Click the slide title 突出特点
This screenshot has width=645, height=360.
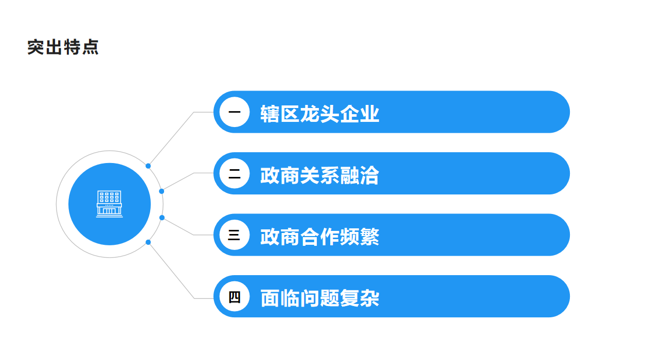(x=63, y=47)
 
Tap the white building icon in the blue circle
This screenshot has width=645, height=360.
(x=110, y=204)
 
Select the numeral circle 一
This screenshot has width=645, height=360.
(x=235, y=112)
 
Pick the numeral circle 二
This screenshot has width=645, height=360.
(x=235, y=173)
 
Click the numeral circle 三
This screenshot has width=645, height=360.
(x=235, y=235)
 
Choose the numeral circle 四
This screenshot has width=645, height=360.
(x=235, y=296)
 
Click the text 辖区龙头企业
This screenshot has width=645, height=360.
(x=319, y=114)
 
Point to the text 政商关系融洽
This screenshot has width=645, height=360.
(x=319, y=175)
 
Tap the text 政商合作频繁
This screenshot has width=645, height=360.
(x=319, y=237)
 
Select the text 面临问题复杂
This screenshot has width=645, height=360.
(x=319, y=298)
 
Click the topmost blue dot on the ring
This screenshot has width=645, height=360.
(x=148, y=166)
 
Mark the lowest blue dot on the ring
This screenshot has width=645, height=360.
(x=148, y=242)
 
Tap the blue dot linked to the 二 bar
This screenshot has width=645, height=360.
(x=162, y=191)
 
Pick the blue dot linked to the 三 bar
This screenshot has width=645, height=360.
(x=162, y=218)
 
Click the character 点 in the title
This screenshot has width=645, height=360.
(x=91, y=47)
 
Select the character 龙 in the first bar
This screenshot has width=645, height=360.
(x=310, y=114)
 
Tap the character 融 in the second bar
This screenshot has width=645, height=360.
(x=350, y=175)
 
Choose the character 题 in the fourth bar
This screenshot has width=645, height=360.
(x=330, y=298)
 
